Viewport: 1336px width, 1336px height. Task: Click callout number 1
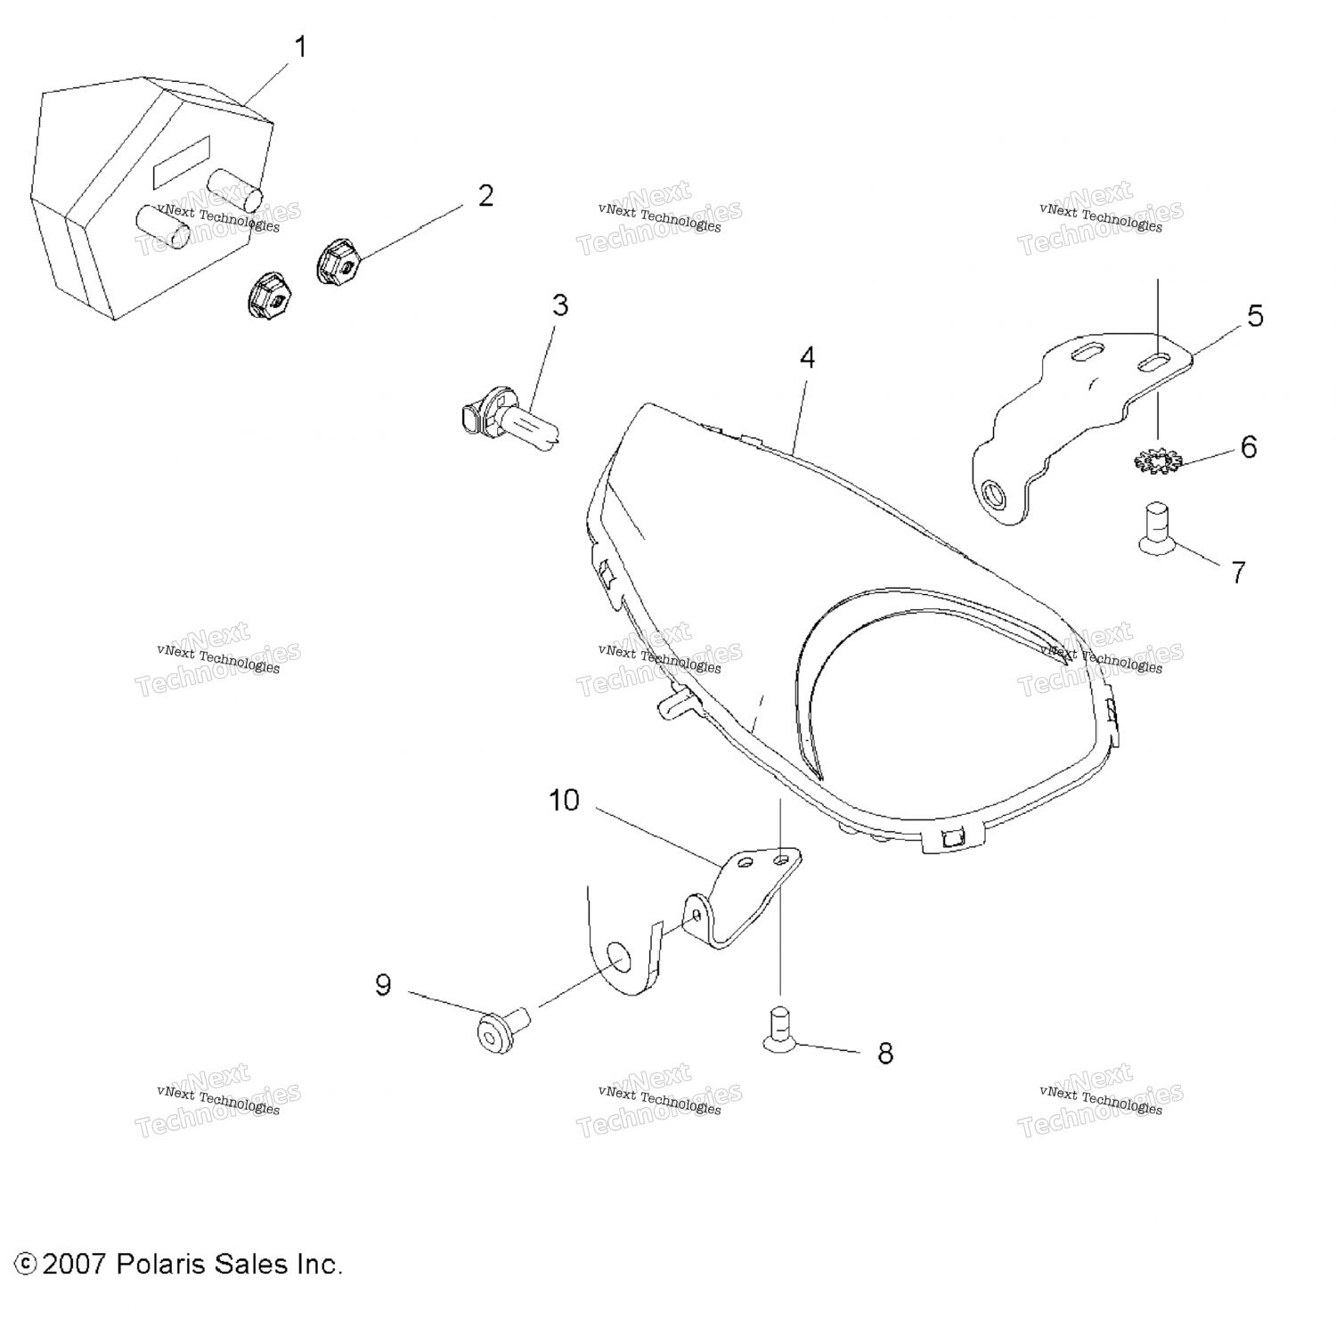[x=301, y=47]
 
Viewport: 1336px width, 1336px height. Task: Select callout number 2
[x=485, y=196]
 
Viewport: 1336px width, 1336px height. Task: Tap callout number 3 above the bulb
[x=559, y=305]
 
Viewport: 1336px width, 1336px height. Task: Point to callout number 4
[x=807, y=357]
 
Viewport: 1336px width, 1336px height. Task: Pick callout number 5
[x=1255, y=315]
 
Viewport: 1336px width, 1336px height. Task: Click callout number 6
[x=1249, y=447]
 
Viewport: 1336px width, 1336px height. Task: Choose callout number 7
[x=1238, y=572]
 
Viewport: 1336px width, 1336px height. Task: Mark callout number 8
[x=884, y=1054]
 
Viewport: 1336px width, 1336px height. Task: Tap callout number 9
[x=383, y=985]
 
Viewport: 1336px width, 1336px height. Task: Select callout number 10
[x=564, y=801]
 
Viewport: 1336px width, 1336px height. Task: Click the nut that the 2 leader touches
[x=338, y=263]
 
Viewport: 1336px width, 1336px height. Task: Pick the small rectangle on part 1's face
[x=182, y=162]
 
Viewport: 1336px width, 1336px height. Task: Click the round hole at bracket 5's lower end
[x=992, y=493]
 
